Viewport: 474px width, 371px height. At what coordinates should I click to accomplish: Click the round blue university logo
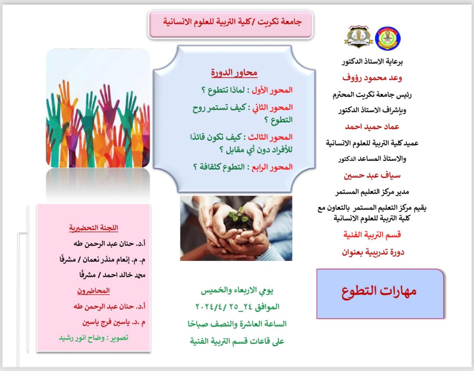click(x=388, y=38)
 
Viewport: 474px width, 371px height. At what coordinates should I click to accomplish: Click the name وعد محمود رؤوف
click(x=372, y=78)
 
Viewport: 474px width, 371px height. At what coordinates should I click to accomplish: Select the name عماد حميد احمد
click(x=372, y=127)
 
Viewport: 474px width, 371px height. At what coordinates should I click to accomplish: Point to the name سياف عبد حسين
click(x=372, y=175)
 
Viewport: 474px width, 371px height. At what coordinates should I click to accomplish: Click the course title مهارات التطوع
click(x=379, y=291)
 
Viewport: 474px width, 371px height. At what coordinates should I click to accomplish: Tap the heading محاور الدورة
click(x=234, y=73)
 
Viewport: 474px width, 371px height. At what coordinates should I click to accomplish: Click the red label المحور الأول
click(x=272, y=90)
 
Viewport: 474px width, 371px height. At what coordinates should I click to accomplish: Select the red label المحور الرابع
click(x=272, y=167)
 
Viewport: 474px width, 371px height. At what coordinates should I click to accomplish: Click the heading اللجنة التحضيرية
click(x=94, y=228)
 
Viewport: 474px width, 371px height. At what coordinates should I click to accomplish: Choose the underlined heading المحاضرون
click(x=93, y=291)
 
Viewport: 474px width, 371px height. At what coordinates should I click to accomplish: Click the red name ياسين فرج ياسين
click(x=106, y=322)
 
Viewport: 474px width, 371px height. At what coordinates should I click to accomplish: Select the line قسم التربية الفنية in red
click(x=372, y=235)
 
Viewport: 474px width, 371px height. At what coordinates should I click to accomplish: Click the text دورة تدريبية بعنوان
click(x=373, y=252)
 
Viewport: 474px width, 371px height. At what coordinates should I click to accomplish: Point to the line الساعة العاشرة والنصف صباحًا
click(x=237, y=324)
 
